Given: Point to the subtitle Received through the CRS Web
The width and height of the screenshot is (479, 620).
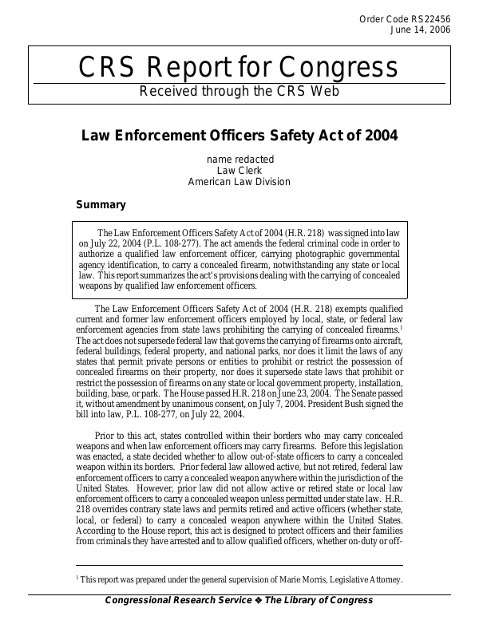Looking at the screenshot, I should (x=239, y=91).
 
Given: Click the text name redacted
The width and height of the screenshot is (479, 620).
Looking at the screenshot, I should (x=239, y=159).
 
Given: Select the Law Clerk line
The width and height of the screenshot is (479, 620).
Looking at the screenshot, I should (x=239, y=170).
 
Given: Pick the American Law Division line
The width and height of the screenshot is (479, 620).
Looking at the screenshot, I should (x=239, y=181).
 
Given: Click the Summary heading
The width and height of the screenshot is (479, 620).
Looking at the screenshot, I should (x=101, y=204).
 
